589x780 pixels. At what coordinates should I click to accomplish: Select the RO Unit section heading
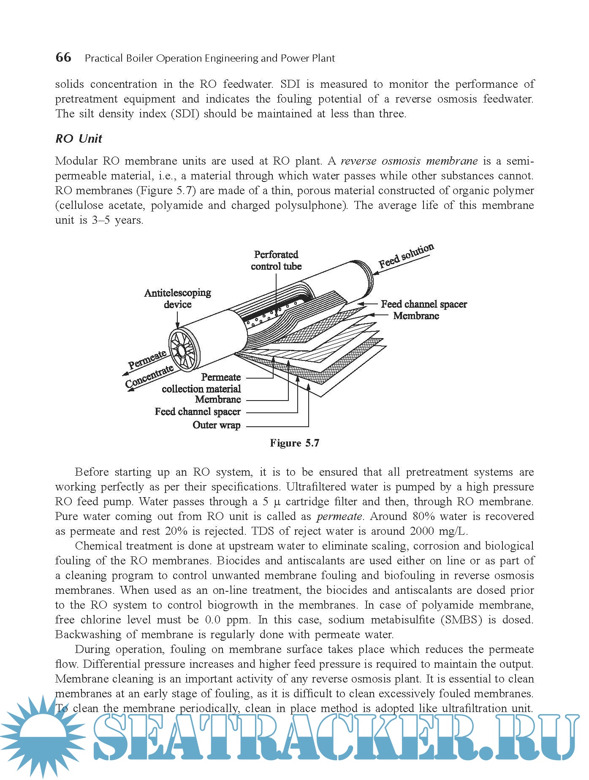point(79,138)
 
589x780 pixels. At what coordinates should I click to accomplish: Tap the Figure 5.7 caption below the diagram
point(294,443)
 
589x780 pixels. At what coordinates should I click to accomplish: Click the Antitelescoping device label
point(177,298)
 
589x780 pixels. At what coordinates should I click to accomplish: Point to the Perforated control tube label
point(276,260)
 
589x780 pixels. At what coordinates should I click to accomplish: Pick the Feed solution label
point(406,256)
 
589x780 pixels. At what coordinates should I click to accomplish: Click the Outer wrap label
point(217,425)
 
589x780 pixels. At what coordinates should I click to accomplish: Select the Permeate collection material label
point(201,383)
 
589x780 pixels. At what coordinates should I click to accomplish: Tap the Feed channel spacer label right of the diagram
point(424,304)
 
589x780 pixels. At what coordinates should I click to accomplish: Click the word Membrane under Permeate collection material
point(218,399)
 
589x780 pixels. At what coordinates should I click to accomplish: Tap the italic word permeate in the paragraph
point(339,517)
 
